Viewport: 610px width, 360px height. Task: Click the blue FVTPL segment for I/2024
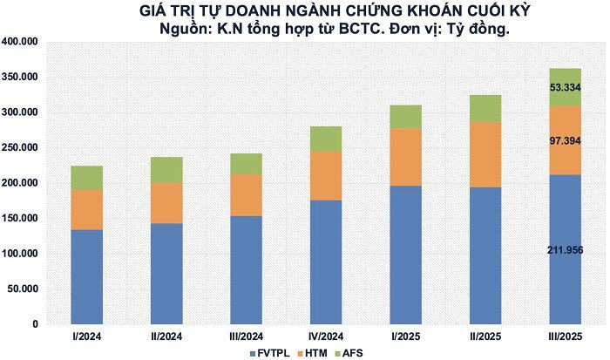tap(87, 276)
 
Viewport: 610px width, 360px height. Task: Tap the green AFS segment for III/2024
tap(246, 164)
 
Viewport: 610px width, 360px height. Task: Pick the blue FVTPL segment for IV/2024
tap(325, 262)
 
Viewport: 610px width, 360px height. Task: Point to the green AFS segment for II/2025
tap(485, 108)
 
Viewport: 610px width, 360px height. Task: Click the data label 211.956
tap(565, 251)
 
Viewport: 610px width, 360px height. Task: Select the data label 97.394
tap(565, 140)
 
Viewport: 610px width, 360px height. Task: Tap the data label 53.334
tap(565, 87)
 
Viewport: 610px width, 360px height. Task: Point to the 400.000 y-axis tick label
tap(19, 42)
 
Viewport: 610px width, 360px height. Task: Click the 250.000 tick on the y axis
tap(19, 148)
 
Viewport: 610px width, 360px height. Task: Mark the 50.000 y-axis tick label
tap(23, 289)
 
